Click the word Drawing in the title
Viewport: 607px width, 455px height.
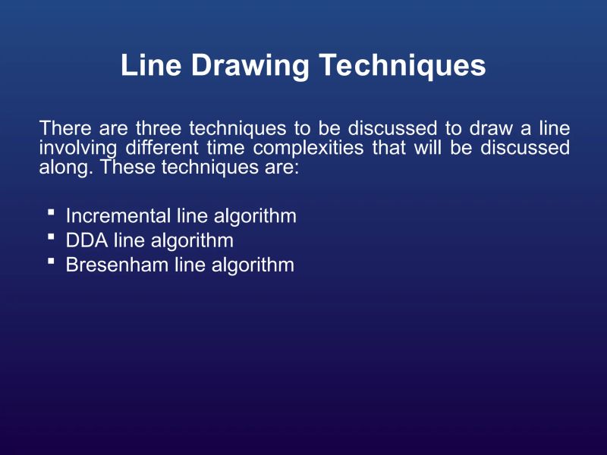point(249,66)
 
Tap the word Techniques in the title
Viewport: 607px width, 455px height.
point(401,66)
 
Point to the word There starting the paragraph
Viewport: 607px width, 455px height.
point(63,128)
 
